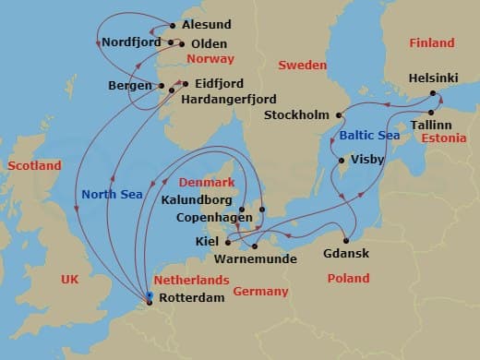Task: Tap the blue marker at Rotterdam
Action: [149, 296]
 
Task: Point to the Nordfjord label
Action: [130, 42]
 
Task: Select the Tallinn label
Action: [430, 124]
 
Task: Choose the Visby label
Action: [371, 158]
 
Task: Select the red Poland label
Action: [348, 278]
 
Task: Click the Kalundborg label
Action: [197, 199]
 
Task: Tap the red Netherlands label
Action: [193, 279]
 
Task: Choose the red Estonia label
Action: [441, 138]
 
